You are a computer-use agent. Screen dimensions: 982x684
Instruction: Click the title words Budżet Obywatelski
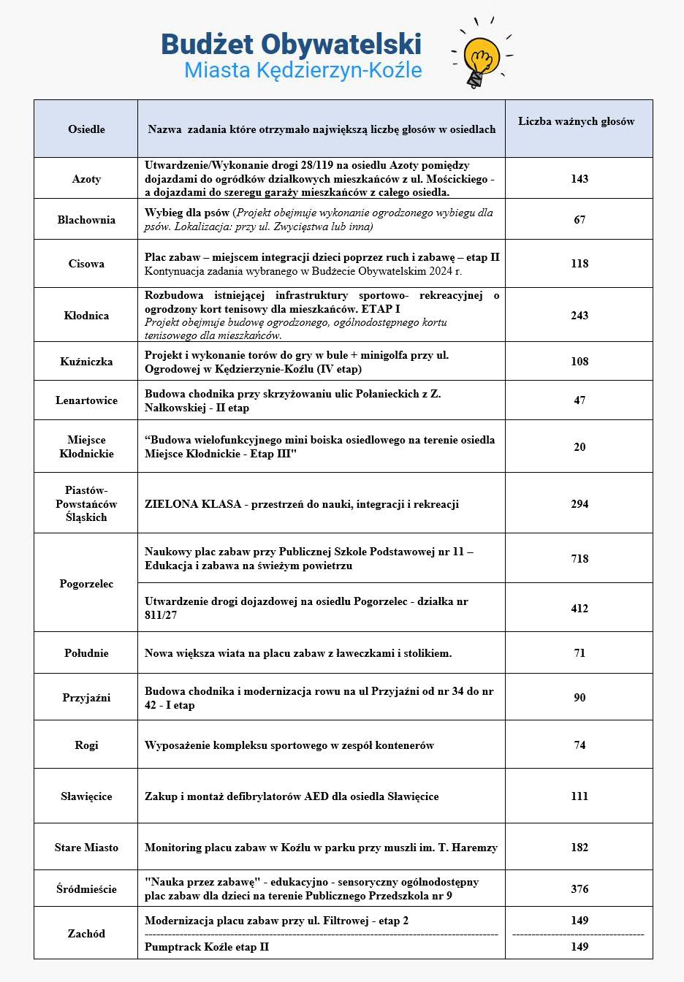point(291,44)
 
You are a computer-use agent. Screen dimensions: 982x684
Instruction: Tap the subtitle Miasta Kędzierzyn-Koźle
point(303,70)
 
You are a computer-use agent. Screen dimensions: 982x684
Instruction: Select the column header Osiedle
point(86,129)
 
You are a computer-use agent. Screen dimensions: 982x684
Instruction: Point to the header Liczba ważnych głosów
point(577,121)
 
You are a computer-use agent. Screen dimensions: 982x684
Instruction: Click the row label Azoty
point(86,179)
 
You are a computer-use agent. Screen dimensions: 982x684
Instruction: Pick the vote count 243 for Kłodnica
point(579,316)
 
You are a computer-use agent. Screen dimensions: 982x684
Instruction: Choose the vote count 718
point(579,559)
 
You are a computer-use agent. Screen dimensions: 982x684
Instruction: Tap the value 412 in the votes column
point(579,608)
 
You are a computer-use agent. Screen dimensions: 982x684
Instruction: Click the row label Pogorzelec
point(86,584)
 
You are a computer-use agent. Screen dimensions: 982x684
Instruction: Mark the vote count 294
point(579,504)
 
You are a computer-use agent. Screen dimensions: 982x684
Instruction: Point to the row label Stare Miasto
point(86,848)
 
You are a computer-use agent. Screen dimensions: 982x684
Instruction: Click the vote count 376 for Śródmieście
point(579,889)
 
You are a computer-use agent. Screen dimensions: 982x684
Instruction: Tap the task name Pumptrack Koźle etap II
point(207,947)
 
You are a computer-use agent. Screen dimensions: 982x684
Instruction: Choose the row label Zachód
point(86,934)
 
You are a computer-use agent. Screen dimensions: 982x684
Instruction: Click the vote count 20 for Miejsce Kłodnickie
point(579,447)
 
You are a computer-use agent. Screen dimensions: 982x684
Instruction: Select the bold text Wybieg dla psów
point(187,213)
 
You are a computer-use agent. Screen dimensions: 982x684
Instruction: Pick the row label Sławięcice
point(86,796)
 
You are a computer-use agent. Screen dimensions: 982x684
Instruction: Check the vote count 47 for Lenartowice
point(579,400)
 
